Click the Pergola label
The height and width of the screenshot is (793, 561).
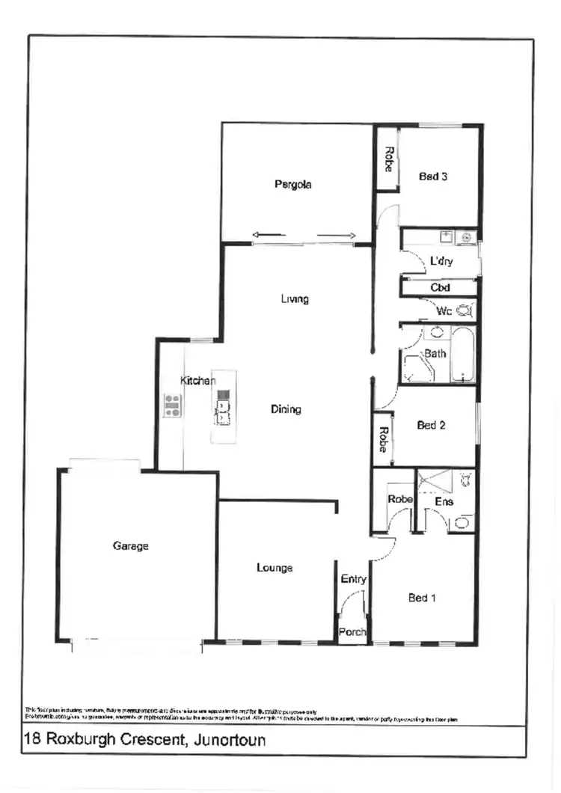[292, 185]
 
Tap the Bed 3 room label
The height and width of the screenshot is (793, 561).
[433, 177]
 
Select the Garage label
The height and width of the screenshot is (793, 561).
[130, 546]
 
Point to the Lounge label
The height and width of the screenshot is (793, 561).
[275, 568]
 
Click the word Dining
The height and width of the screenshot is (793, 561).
[286, 409]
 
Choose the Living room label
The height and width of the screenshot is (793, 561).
[295, 299]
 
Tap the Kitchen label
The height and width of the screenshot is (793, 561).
[197, 381]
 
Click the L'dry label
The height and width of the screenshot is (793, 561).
[440, 262]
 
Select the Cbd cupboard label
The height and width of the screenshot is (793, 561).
[440, 287]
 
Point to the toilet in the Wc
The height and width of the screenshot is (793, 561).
[464, 310]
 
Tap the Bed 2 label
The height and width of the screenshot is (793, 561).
[431, 426]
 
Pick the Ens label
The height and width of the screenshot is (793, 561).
[444, 502]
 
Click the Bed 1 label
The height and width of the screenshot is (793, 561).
[422, 598]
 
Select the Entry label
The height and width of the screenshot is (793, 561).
[353, 579]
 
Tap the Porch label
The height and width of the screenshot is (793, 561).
[352, 632]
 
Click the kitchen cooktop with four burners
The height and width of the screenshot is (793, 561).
[173, 405]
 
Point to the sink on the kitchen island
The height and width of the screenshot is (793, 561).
[222, 408]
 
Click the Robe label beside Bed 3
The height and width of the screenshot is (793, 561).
[388, 159]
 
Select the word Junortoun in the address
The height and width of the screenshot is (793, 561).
[229, 741]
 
